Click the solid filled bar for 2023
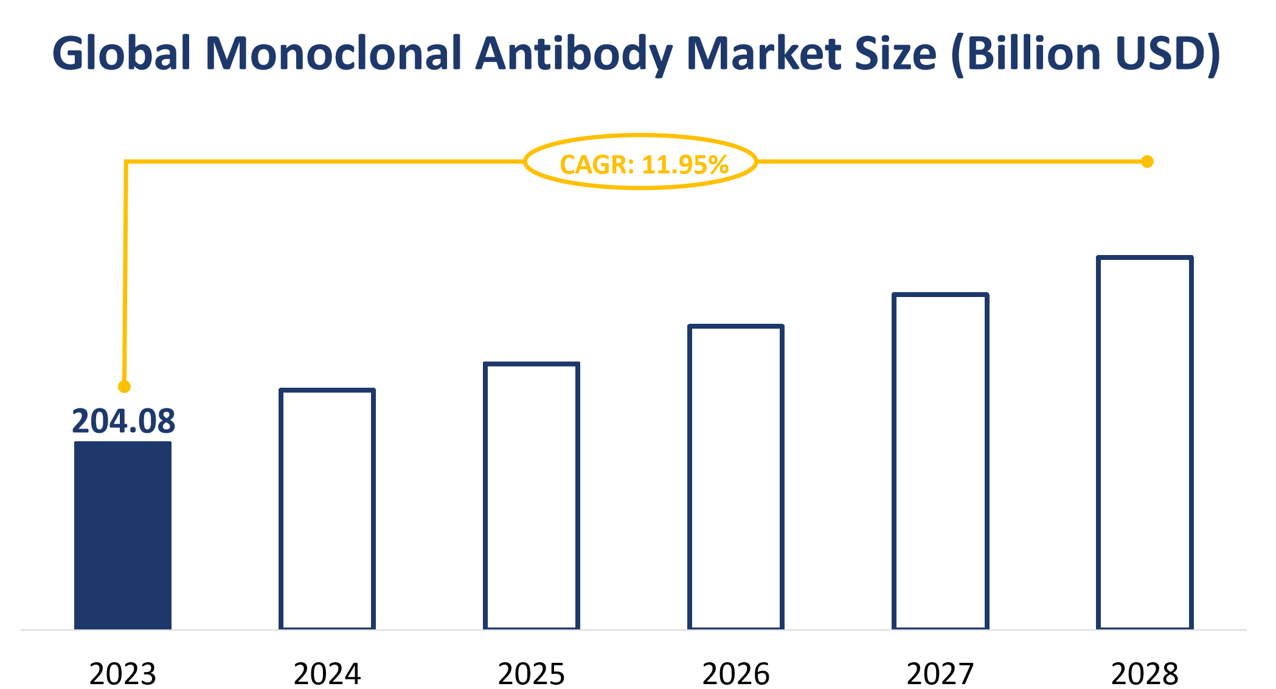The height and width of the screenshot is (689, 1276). pos(123,536)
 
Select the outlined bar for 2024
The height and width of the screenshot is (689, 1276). pos(327,509)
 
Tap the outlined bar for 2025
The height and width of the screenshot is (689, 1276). pos(532,496)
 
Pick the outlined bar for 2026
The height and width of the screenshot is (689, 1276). pos(736,477)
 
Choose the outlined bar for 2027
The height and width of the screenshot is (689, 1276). pos(940,461)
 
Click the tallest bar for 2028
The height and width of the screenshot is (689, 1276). pos(1145,442)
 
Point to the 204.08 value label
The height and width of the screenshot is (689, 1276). pos(123,421)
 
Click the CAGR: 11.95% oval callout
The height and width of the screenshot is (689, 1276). pos(641,163)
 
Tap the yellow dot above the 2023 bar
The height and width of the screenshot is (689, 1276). pos(124,386)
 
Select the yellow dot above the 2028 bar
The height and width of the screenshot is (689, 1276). pos(1147,162)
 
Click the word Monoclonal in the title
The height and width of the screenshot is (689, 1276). pos(333,54)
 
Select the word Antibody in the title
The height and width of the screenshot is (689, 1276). pos(574,54)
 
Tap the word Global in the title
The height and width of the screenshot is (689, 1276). pos(122,54)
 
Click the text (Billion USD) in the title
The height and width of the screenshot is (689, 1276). pos(1086,54)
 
